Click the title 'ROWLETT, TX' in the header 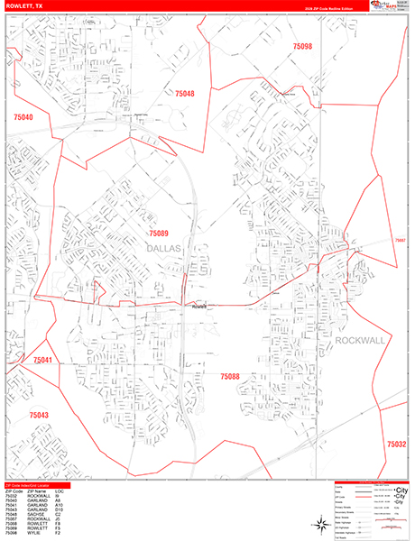(27, 5)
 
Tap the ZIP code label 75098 (302, 46)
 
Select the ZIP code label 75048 (184, 94)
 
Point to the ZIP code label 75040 (23, 118)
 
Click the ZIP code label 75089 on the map (158, 234)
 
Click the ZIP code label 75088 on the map (230, 376)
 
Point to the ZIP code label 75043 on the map (38, 416)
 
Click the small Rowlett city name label (199, 307)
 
